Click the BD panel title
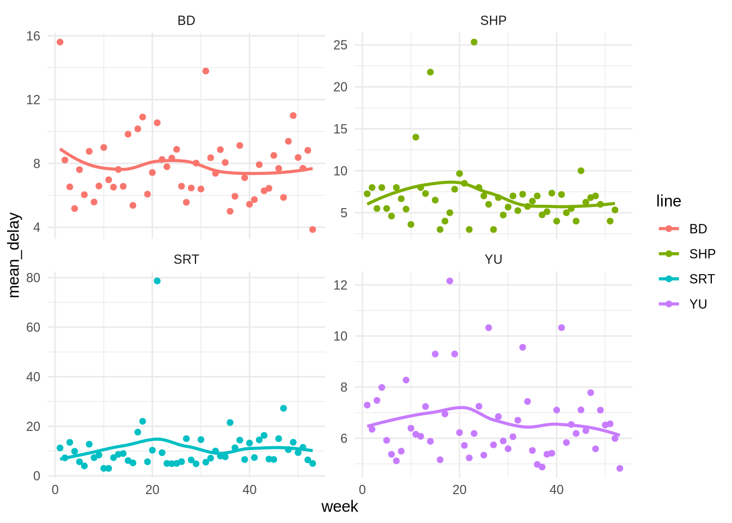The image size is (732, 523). tap(186, 21)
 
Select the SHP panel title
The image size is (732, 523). tap(493, 21)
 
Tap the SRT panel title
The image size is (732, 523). tap(186, 259)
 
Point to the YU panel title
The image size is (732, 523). tap(493, 259)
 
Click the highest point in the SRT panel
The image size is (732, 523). tap(157, 281)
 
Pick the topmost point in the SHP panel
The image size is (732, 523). tap(474, 42)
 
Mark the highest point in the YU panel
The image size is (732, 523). tap(450, 281)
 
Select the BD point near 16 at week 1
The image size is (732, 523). tap(60, 42)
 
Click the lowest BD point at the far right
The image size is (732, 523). tap(313, 229)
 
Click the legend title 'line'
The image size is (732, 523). tap(668, 202)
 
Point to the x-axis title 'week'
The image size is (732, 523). tap(340, 507)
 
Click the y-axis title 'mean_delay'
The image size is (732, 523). tap(14, 255)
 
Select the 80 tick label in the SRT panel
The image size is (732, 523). tap(33, 278)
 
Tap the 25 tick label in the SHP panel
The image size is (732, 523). tap(340, 45)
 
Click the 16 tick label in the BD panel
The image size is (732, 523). tap(33, 37)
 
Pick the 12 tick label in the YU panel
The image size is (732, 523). tap(340, 285)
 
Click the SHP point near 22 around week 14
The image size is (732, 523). tap(430, 72)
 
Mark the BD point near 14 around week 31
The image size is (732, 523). tap(206, 71)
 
